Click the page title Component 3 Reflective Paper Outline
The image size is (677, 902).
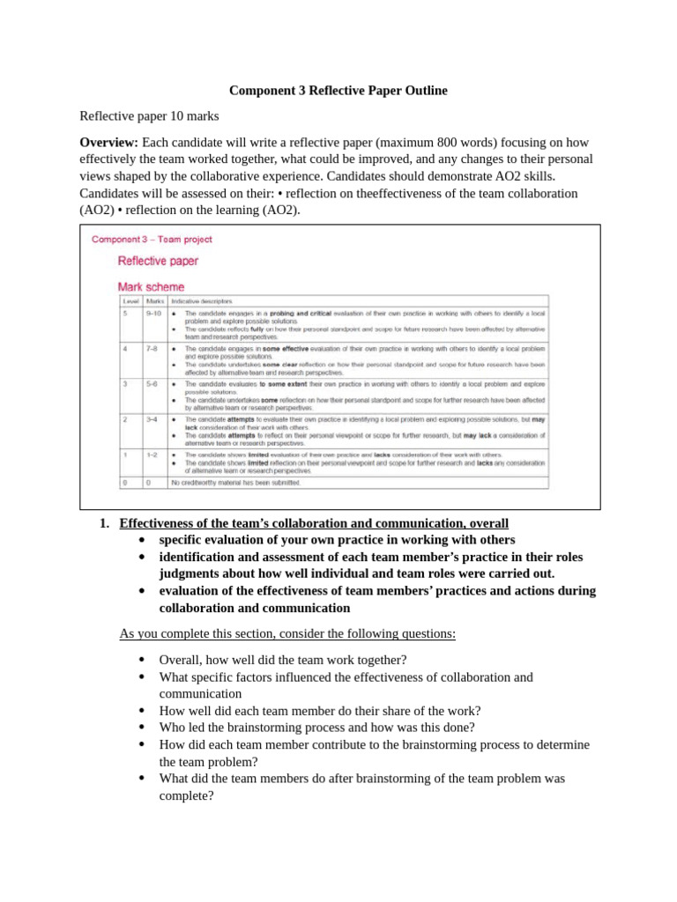(338, 91)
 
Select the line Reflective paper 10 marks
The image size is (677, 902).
(149, 116)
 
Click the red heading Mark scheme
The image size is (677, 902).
(151, 286)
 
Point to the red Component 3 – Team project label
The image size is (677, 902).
(152, 239)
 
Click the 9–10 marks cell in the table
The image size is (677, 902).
(153, 313)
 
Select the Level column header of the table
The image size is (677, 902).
(130, 301)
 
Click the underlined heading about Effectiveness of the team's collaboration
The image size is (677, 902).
(314, 523)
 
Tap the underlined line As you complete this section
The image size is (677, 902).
(287, 633)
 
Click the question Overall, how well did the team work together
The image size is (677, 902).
(282, 660)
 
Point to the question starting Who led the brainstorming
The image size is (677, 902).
(316, 728)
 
